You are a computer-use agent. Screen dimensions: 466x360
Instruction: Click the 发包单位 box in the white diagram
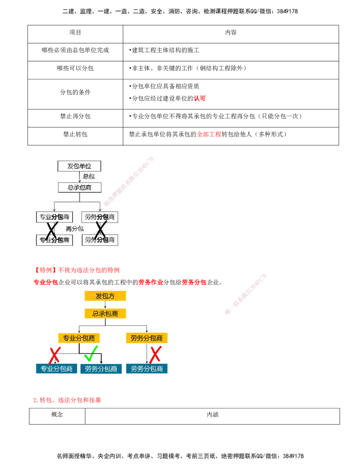tap(79, 166)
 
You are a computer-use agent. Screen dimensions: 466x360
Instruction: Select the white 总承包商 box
tap(80, 187)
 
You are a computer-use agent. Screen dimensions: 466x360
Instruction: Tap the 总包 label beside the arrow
tap(89, 176)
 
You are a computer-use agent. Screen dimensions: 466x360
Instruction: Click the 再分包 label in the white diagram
tap(75, 229)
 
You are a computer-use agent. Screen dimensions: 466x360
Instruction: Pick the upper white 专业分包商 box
tap(54, 217)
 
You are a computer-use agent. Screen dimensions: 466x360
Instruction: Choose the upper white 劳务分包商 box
tap(100, 217)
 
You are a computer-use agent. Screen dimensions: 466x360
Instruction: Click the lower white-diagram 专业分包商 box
tap(54, 240)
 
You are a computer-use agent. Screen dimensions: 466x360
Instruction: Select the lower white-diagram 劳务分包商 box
tap(100, 240)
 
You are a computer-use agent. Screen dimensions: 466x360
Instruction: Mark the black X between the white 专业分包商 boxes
tap(52, 230)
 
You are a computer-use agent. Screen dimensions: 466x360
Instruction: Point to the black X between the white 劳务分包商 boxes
tap(100, 230)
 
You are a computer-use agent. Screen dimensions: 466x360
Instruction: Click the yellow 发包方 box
tap(106, 296)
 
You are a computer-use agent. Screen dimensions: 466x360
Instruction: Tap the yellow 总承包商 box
tap(106, 313)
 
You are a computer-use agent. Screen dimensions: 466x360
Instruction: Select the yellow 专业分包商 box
tap(79, 338)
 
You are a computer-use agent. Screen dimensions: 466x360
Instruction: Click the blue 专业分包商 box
tap(57, 369)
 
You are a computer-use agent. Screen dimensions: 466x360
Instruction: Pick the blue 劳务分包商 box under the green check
tap(101, 369)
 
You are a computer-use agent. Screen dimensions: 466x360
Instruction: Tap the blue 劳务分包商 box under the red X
tap(147, 369)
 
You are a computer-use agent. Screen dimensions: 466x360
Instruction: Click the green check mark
tap(91, 355)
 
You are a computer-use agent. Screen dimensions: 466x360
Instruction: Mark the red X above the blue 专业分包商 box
tap(54, 355)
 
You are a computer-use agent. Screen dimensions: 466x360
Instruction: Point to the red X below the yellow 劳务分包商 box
tap(155, 354)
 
